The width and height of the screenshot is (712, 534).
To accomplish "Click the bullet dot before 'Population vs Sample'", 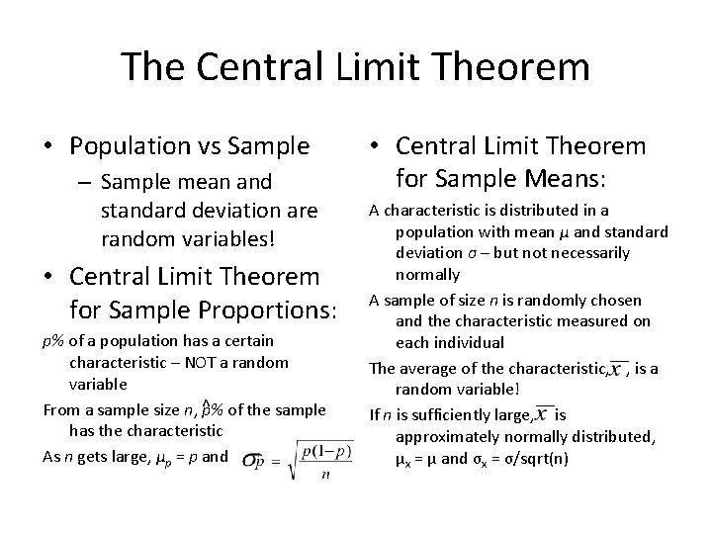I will point(46,147).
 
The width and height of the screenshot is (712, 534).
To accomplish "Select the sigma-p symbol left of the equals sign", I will point(255,462).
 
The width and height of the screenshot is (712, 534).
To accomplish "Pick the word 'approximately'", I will point(444,436).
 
